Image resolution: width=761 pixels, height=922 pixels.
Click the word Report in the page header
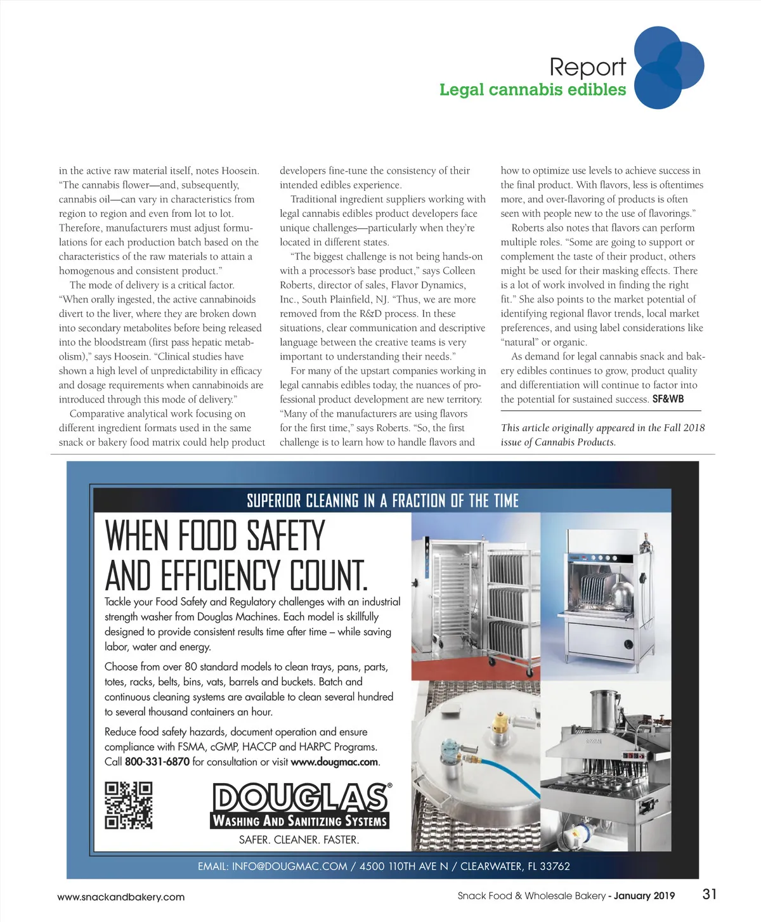[x=587, y=67]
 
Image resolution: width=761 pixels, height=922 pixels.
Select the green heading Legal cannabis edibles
[x=532, y=89]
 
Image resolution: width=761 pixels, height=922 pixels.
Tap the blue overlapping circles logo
[x=668, y=67]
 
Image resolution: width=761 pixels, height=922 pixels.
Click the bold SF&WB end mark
[x=668, y=399]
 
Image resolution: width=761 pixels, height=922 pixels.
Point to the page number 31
[x=710, y=894]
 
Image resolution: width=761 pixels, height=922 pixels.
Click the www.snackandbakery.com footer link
[x=120, y=897]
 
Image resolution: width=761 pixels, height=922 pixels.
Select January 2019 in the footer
[x=644, y=896]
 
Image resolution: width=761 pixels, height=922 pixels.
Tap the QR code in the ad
[x=129, y=805]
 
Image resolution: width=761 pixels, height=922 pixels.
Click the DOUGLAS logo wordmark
[x=299, y=797]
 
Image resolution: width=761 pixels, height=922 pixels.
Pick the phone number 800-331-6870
[x=157, y=762]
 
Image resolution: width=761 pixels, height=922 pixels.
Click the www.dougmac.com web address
[x=334, y=762]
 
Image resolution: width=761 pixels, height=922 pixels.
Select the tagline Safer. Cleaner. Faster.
[x=299, y=840]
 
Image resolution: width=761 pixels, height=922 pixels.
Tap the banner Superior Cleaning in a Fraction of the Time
[x=382, y=501]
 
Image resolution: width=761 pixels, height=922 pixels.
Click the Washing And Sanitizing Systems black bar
[x=299, y=821]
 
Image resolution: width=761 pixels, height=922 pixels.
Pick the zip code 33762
[x=554, y=866]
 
